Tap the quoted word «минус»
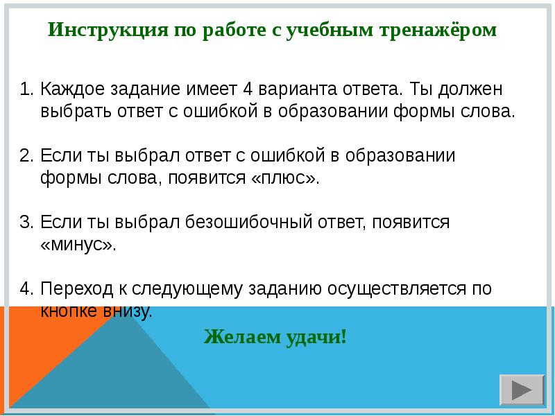coord(78,245)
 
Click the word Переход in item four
coord(76,289)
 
